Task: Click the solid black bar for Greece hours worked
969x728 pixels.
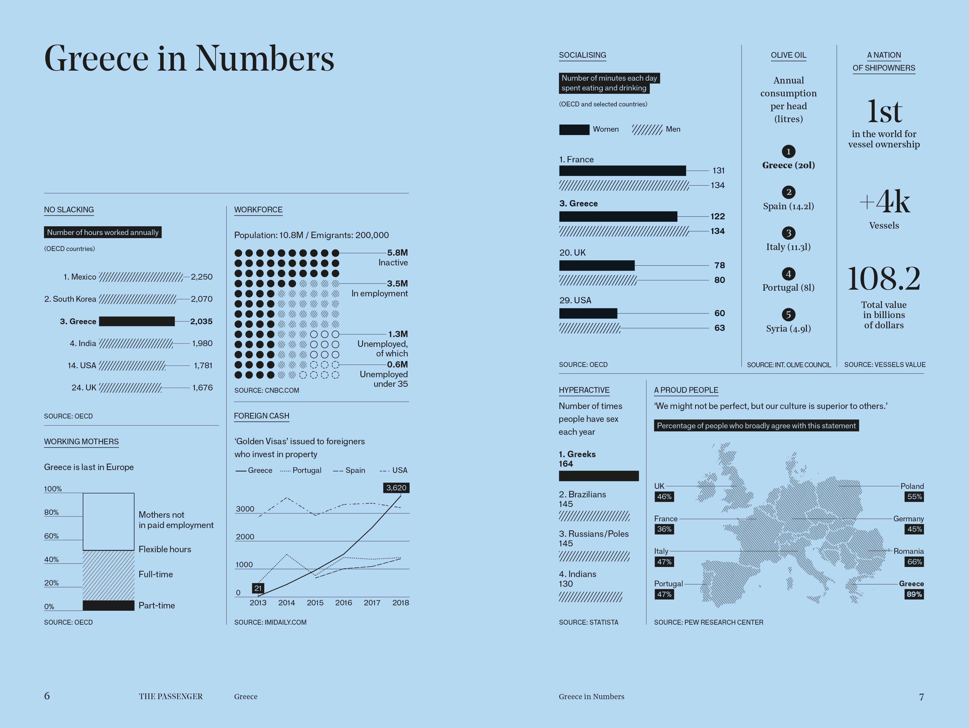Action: click(x=137, y=321)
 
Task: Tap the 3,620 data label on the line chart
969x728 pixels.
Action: click(x=396, y=488)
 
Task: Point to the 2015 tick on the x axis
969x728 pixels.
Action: click(x=315, y=603)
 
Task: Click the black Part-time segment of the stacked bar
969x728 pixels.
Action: click(x=108, y=605)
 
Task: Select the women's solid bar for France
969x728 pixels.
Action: click(x=622, y=171)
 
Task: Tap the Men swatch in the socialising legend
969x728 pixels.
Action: click(x=647, y=129)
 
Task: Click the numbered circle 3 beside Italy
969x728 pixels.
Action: click(x=789, y=233)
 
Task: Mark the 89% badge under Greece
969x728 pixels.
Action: click(x=914, y=595)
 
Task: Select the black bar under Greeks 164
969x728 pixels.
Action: click(x=598, y=476)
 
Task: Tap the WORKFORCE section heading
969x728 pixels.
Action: click(x=258, y=210)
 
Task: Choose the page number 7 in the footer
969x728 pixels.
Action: click(x=921, y=697)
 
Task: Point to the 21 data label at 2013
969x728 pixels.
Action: click(x=258, y=588)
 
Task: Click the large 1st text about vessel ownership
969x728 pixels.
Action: click(x=884, y=112)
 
